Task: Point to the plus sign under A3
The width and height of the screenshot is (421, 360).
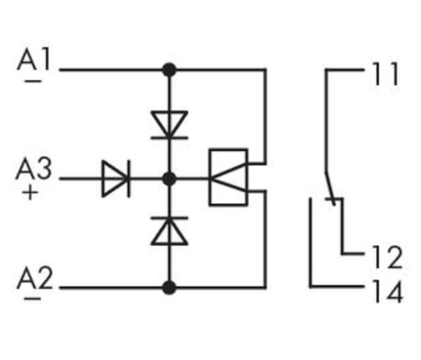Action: point(29,193)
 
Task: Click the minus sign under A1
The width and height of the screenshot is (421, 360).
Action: point(33,81)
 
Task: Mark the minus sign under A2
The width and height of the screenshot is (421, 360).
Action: point(32,299)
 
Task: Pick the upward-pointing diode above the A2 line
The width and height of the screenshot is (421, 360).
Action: point(169,231)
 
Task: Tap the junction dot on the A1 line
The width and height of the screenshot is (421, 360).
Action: point(169,70)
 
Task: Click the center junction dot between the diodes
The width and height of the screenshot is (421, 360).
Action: point(169,179)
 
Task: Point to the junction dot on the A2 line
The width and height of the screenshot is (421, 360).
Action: point(169,288)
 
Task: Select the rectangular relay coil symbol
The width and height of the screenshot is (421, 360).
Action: point(228,177)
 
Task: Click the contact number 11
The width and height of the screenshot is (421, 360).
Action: point(385,75)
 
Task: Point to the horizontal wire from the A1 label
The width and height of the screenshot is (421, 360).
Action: point(114,70)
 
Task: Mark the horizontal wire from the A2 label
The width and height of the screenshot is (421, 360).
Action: point(114,288)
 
